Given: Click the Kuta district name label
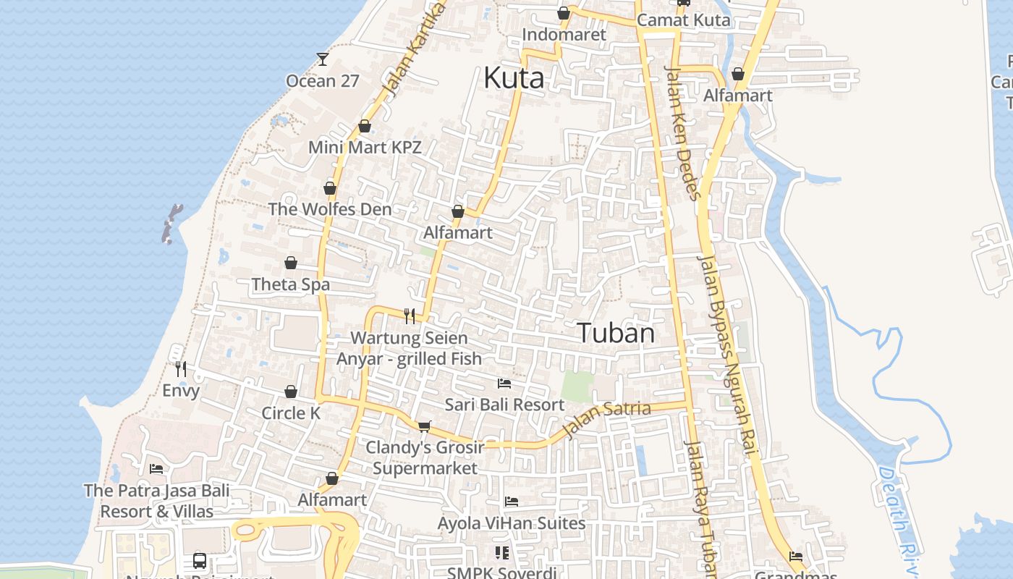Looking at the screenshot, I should (x=514, y=77).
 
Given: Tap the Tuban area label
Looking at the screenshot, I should (x=616, y=333).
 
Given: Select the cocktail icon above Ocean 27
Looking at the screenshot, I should (x=323, y=59).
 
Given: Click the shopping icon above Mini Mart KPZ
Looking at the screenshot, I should (x=365, y=126).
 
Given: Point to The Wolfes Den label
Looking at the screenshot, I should (x=330, y=209).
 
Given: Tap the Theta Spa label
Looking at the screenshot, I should (x=291, y=284).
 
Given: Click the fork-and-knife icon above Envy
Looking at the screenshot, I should (x=181, y=369).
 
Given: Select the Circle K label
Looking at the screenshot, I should (x=291, y=413).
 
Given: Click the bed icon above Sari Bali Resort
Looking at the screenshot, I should (x=504, y=383).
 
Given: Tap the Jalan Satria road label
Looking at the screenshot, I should (x=606, y=419).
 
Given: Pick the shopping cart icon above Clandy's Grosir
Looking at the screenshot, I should (x=424, y=426).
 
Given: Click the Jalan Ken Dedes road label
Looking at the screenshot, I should (x=683, y=133).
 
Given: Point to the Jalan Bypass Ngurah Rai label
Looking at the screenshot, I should (x=728, y=355).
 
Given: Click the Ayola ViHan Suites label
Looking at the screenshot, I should (x=512, y=523).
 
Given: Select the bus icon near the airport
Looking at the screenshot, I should (x=199, y=560).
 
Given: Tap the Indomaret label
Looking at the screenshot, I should (x=564, y=34).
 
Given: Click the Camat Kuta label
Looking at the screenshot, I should (x=684, y=20).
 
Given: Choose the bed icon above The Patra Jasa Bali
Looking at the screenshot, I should (x=156, y=469).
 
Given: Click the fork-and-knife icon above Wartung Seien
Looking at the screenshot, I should (x=410, y=316).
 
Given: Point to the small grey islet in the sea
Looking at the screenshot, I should (x=171, y=223).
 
